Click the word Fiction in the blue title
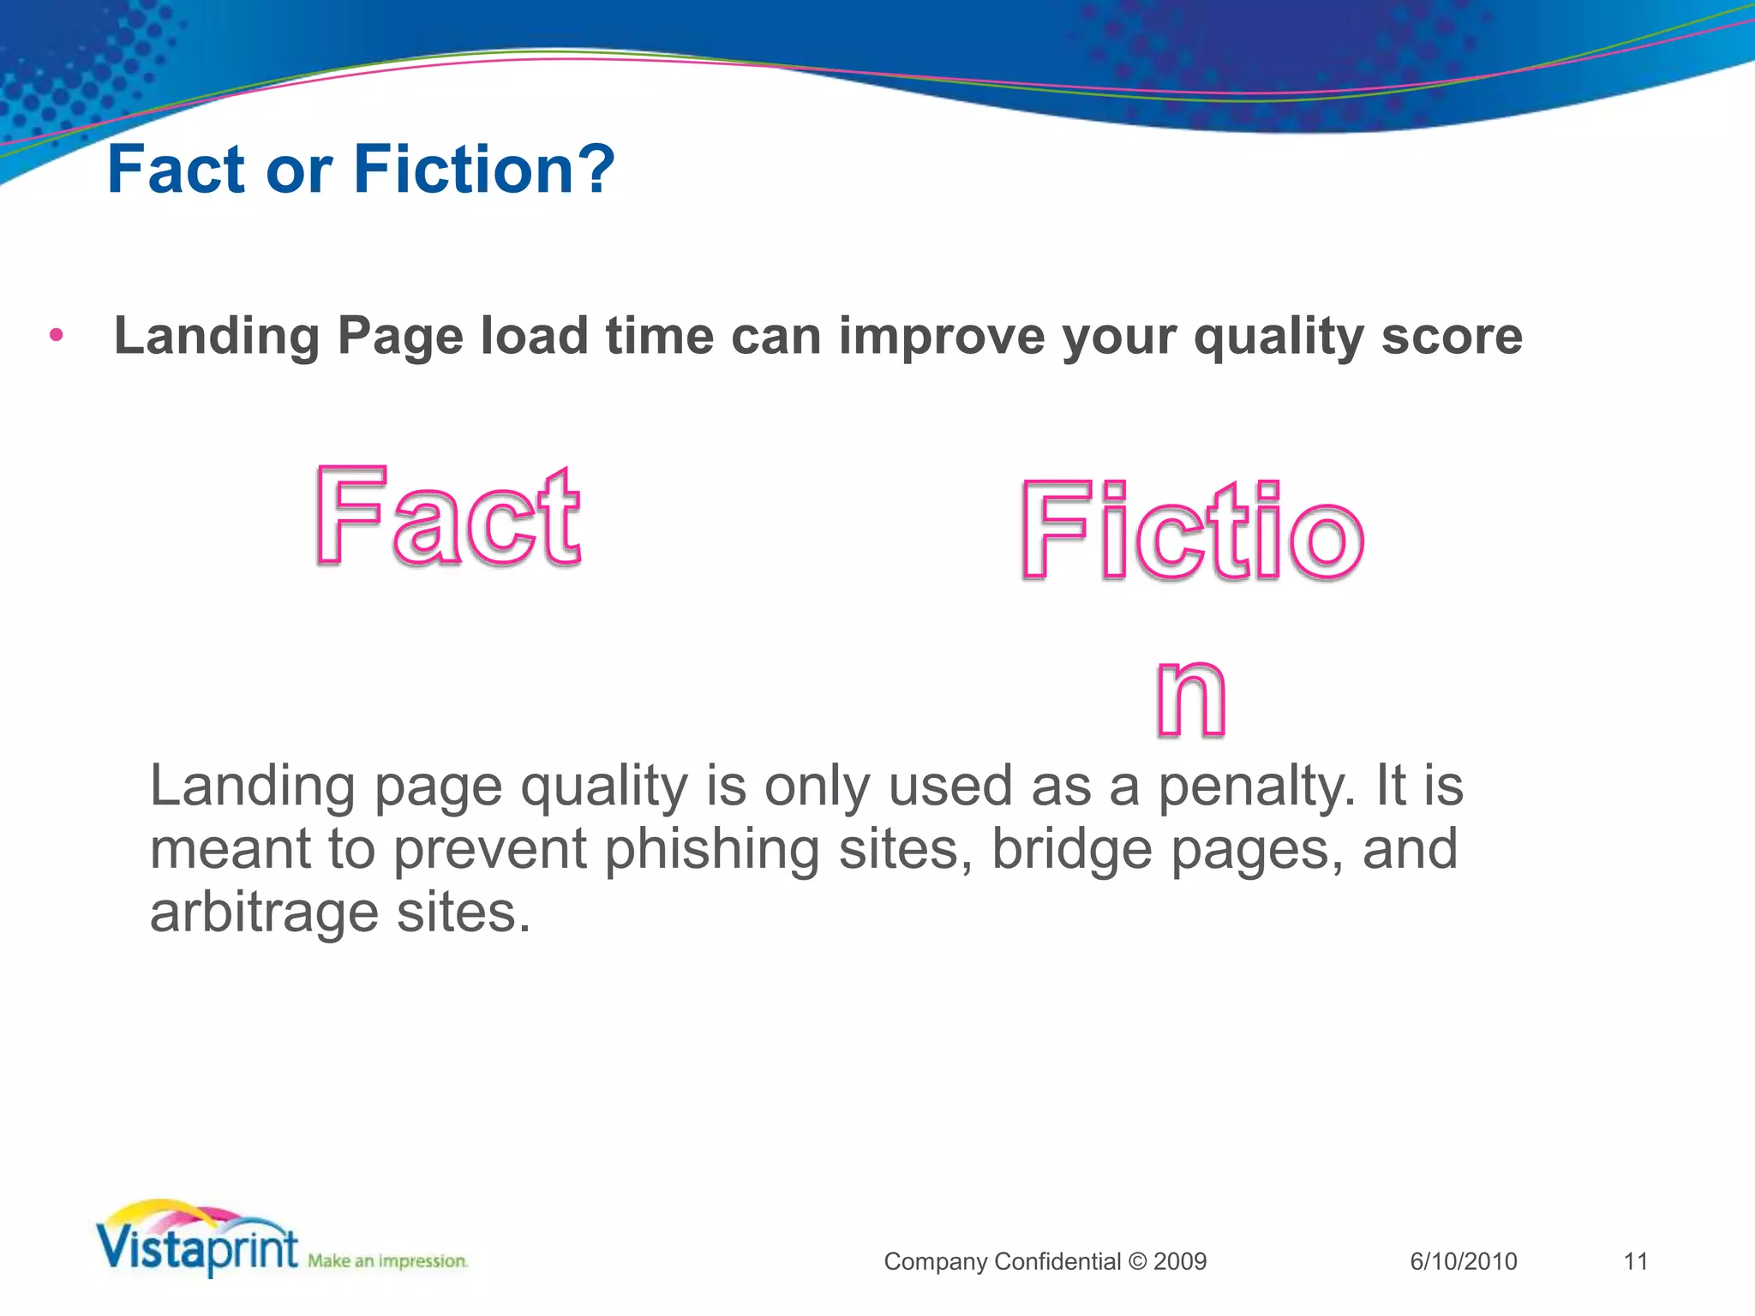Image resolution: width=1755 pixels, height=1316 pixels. (463, 169)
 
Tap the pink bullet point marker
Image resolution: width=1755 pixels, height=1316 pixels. (57, 335)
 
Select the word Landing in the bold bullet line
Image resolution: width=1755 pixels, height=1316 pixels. (217, 336)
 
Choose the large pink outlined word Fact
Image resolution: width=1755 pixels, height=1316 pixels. (447, 517)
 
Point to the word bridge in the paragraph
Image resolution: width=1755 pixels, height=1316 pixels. (1071, 850)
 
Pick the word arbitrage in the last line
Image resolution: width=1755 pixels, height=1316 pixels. (264, 912)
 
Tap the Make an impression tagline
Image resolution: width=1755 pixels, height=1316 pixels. (387, 1261)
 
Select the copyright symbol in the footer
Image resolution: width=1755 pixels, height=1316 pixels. (1137, 1261)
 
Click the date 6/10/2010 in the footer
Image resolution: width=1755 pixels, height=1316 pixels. (1463, 1261)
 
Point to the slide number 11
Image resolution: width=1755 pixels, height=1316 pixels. (1635, 1261)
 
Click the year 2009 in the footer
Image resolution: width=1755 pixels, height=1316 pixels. (1180, 1261)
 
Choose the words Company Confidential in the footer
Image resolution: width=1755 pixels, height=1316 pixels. (1002, 1261)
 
